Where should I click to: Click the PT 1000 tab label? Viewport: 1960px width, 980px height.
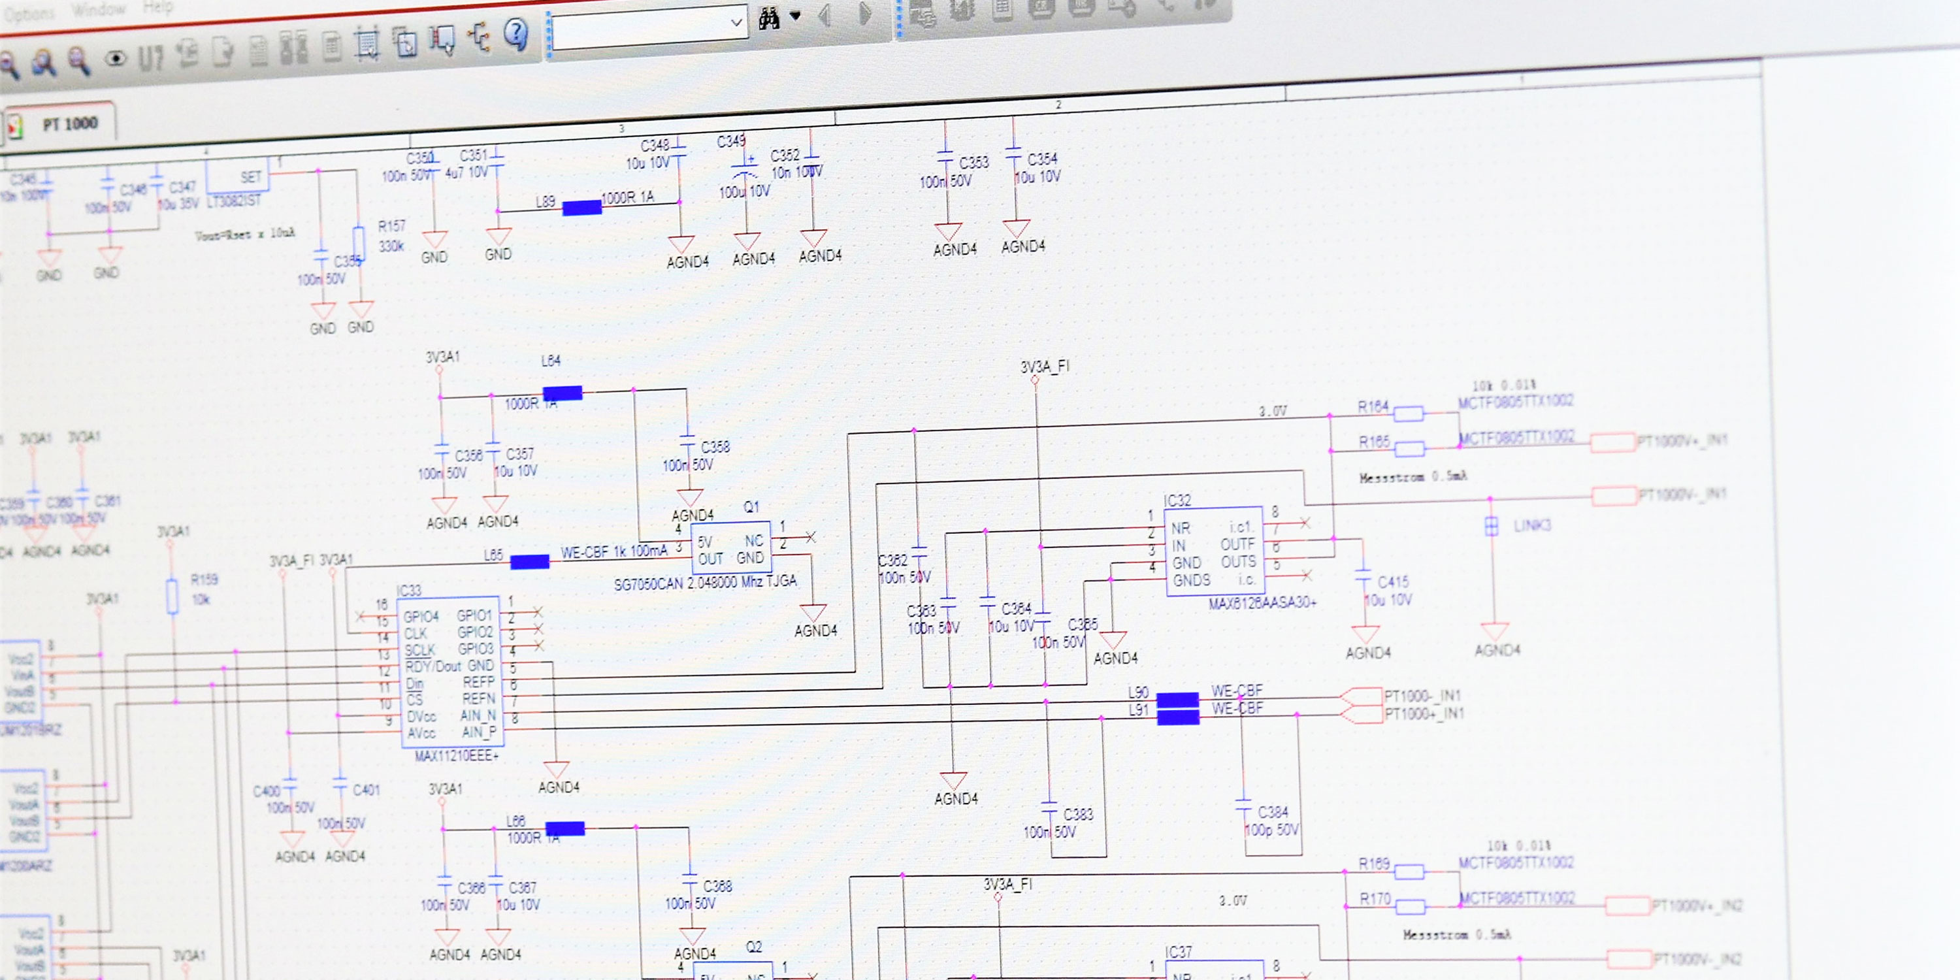pos(70,124)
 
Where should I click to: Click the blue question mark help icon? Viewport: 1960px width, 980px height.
pos(517,33)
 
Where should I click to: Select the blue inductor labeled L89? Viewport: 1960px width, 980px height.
pos(582,208)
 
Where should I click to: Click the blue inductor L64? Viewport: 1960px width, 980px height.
pos(563,393)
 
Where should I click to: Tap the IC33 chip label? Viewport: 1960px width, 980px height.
pos(408,591)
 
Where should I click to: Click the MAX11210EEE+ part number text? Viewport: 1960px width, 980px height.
pos(457,755)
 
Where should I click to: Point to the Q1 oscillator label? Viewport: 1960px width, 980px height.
pos(751,507)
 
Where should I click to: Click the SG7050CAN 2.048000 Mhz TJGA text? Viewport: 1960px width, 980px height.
pos(706,582)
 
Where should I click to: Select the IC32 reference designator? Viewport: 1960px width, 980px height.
pos(1177,500)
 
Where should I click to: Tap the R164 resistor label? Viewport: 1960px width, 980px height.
pos(1373,407)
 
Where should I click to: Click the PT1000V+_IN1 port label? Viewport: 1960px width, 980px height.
pos(1682,440)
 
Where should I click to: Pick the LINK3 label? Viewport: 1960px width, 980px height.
pos(1532,525)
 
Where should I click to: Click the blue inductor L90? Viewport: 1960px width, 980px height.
pos(1178,699)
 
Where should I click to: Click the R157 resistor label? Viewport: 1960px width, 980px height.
pos(392,226)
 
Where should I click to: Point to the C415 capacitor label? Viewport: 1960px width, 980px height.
pos(1393,582)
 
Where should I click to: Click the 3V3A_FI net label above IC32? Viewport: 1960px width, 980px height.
pos(1045,367)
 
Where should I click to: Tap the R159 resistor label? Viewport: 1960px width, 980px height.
pos(204,580)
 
